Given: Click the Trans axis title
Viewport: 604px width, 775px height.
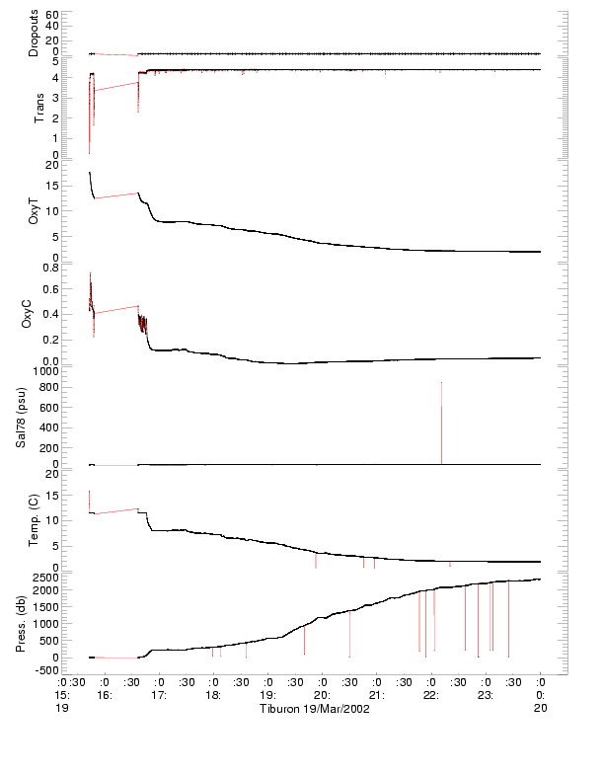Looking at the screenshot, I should click(x=39, y=106).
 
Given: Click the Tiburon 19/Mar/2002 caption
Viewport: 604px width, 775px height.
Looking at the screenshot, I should click(x=314, y=709).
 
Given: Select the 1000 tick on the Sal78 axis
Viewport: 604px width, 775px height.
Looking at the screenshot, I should click(x=44, y=370).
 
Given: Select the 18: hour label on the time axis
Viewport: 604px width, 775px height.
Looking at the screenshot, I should click(x=212, y=695).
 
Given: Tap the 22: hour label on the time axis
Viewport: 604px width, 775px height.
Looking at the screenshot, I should click(x=430, y=695).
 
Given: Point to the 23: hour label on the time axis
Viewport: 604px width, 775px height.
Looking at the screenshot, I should click(x=485, y=695).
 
